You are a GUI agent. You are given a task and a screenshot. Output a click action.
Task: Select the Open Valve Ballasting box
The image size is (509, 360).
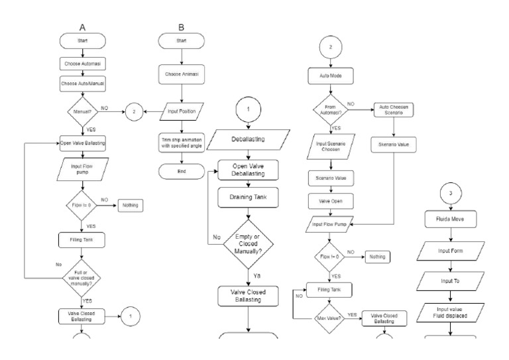click(x=84, y=141)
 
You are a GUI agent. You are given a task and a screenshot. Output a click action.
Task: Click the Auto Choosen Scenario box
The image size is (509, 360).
click(x=394, y=111)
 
